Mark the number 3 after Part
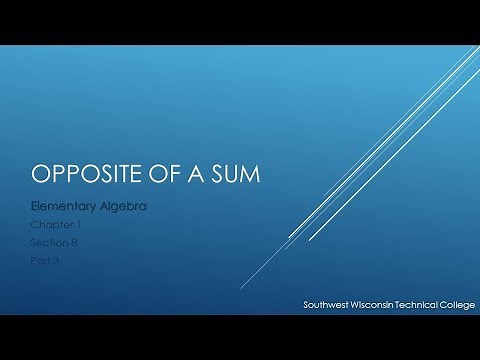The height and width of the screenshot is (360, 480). click(60, 259)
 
